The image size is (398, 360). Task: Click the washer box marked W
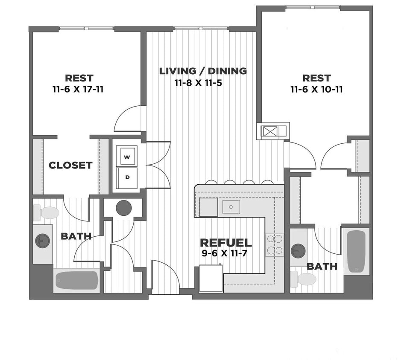[x=127, y=157]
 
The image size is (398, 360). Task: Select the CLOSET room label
[x=70, y=165]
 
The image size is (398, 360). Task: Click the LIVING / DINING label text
[x=203, y=71]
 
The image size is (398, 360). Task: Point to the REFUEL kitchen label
[x=226, y=243]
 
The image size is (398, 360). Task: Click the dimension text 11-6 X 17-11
[x=79, y=90]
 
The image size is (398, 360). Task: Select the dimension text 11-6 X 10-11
[x=316, y=90]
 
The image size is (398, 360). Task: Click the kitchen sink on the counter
[x=230, y=207]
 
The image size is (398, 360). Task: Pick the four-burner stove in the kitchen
[x=274, y=245]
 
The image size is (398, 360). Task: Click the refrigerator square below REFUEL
[x=211, y=279]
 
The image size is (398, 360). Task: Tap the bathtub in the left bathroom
[x=76, y=280]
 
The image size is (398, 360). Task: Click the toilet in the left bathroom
[x=46, y=212]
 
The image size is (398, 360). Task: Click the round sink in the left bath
[x=42, y=241]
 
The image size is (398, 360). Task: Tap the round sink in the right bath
[x=298, y=251]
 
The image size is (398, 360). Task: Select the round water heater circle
[x=124, y=208]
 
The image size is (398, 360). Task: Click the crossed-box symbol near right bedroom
[x=270, y=131]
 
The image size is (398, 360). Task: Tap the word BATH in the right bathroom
[x=322, y=267]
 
